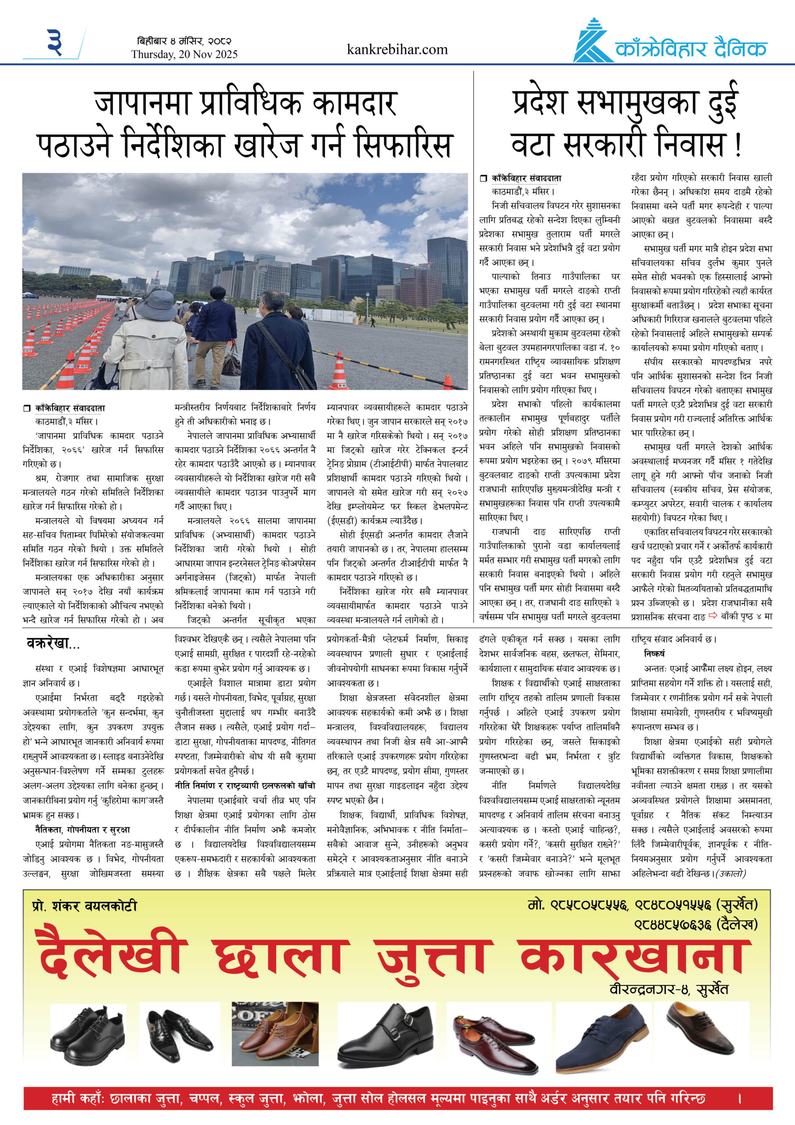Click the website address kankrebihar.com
pos(397,50)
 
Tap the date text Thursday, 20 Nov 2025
pos(184,54)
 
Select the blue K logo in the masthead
pos(592,43)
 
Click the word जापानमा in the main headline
pos(142,103)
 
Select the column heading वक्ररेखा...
pos(53,643)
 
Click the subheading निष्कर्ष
pos(654,653)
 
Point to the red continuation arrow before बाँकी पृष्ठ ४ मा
pos(713,615)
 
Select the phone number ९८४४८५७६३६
pos(672,925)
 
